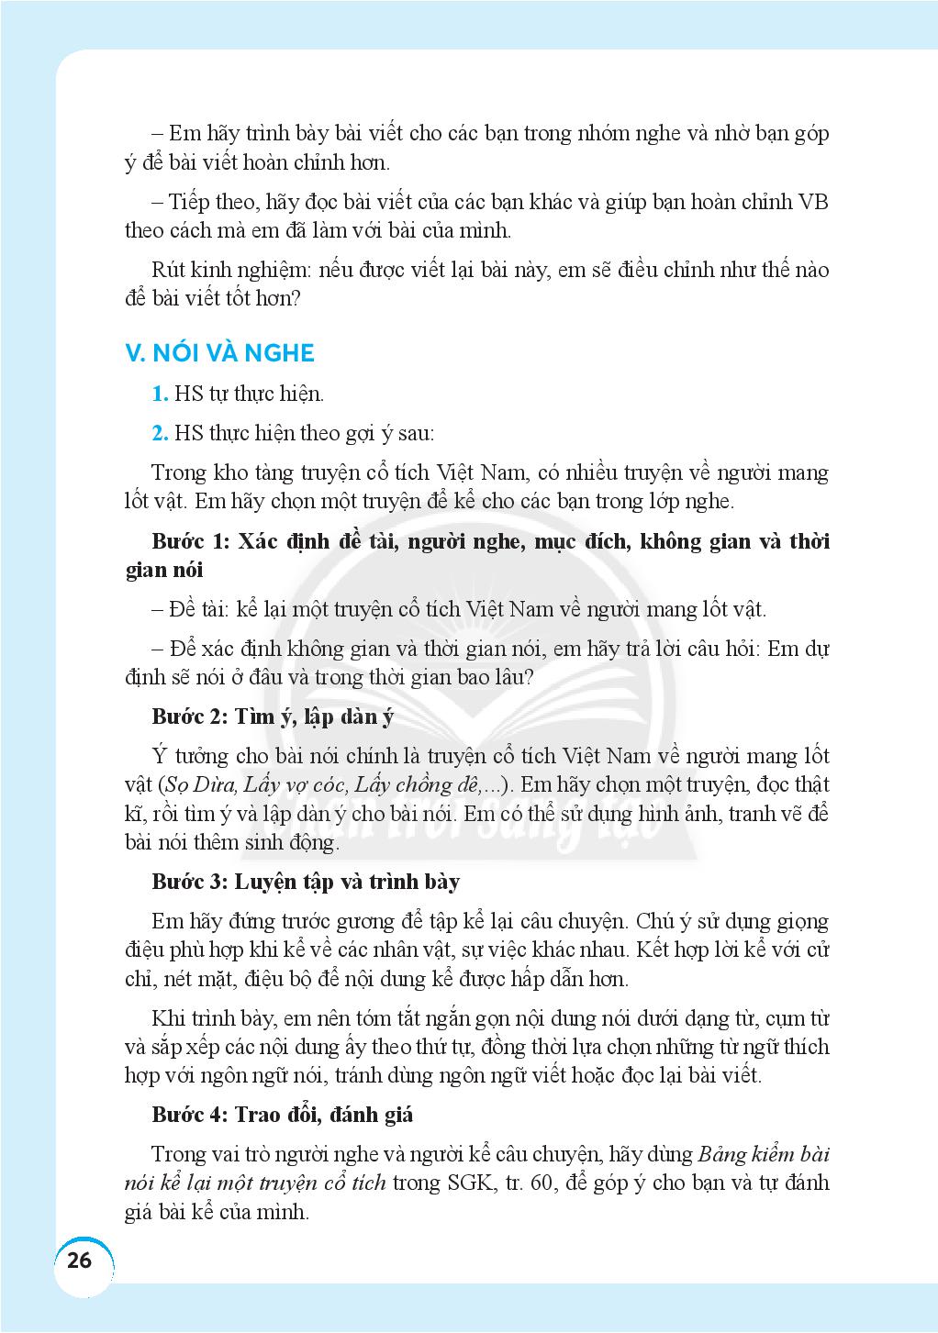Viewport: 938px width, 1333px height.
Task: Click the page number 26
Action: point(80,1260)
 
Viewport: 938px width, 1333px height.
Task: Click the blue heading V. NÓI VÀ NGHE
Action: point(219,353)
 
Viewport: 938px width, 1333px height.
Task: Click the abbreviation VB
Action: point(814,202)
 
